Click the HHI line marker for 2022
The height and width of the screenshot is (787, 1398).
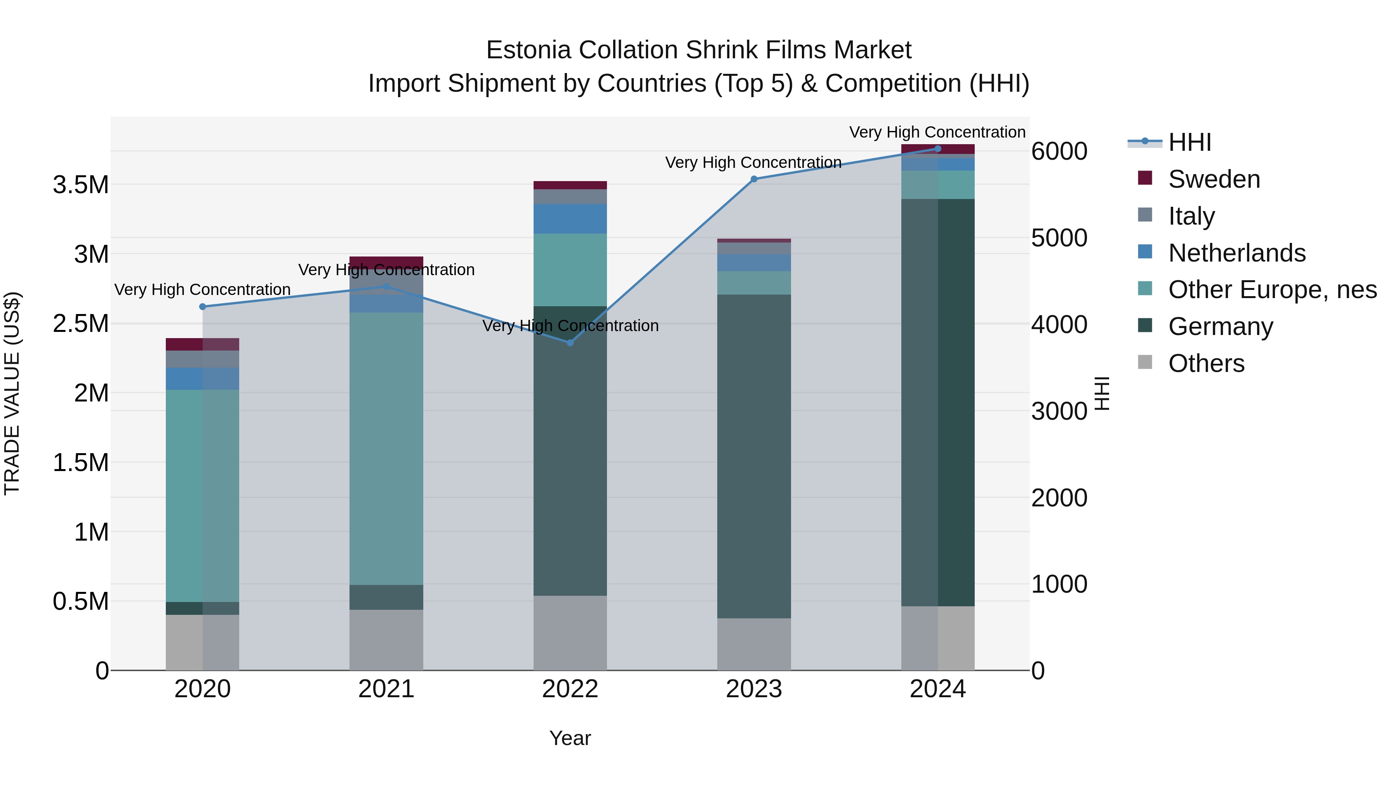pos(570,343)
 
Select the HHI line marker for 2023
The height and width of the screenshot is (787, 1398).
pos(754,179)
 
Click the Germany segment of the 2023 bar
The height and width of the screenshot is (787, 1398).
pos(754,456)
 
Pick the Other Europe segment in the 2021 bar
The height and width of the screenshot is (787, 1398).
pos(386,448)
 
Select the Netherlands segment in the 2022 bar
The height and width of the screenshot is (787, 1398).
pos(570,219)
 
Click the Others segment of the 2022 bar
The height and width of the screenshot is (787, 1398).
pos(570,633)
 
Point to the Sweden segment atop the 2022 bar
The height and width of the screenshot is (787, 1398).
pos(570,185)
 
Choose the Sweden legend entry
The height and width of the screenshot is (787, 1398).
pos(1214,179)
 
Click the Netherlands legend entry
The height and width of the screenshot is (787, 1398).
pos(1236,253)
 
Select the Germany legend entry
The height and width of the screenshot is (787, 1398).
pos(1220,326)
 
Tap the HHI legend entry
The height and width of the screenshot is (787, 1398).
pos(1189,142)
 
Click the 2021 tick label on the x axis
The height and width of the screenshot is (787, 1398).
pos(386,689)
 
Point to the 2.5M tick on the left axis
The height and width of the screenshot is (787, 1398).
pos(81,324)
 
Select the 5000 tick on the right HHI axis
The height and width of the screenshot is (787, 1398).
pos(1059,238)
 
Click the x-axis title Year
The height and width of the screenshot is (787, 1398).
pos(570,738)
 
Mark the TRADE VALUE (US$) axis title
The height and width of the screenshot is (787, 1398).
pos(12,393)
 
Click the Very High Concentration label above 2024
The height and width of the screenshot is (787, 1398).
pos(937,132)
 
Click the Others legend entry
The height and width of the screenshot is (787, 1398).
pos(1206,363)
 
